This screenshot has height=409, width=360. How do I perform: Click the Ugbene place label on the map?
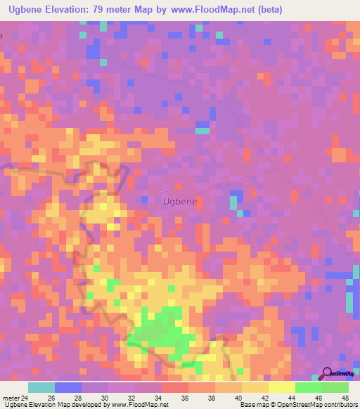click(179, 201)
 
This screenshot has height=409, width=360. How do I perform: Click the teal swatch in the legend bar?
click(41, 387)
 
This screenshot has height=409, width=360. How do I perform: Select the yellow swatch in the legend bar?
click(282, 387)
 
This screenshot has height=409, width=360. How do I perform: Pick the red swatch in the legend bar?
click(175, 387)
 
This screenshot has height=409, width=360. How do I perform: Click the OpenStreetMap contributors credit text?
click(319, 405)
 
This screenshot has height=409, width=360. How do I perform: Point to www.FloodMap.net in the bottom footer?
click(137, 405)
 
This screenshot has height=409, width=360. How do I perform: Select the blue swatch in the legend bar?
click(68, 387)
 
